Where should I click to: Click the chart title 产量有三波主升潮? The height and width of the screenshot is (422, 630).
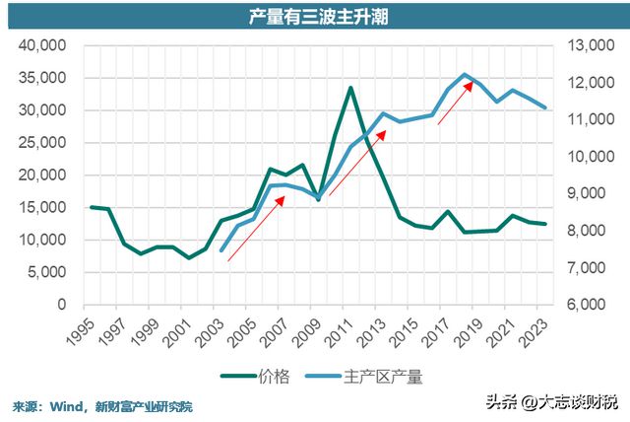[315, 16]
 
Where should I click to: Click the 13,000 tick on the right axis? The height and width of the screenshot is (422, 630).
[588, 45]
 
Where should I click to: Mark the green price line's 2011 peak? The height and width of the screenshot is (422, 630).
[350, 88]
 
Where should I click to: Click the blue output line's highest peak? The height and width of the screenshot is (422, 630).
[465, 75]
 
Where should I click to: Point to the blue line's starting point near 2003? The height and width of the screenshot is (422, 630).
[221, 250]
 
